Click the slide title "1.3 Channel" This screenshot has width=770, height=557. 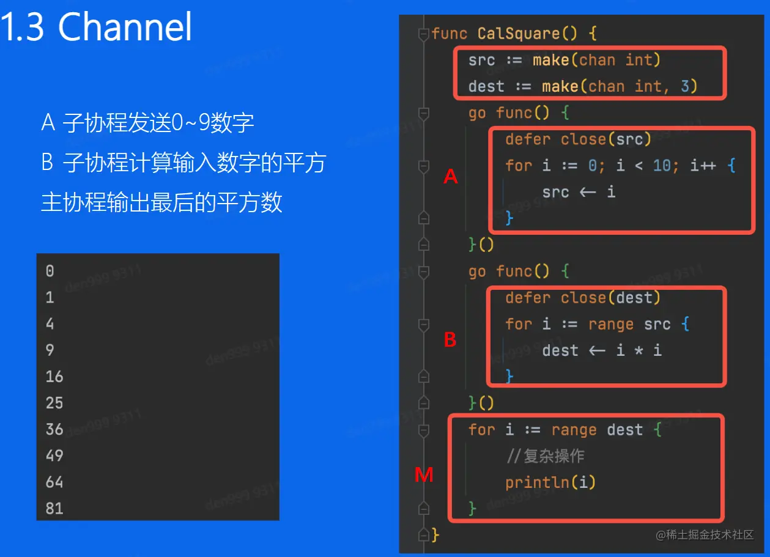95,27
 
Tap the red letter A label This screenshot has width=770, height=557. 450,177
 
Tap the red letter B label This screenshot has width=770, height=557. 450,339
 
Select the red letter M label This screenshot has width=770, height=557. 423,475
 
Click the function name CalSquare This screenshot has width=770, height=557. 519,34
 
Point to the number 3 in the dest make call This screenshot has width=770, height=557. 685,86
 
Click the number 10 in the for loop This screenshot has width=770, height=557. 662,166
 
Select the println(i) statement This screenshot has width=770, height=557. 550,482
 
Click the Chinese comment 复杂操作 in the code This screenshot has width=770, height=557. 553,456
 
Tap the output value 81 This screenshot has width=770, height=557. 54,509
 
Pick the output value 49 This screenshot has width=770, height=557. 54,456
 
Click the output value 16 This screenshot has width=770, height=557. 54,377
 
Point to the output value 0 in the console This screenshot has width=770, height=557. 50,271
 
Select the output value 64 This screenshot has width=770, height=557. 54,482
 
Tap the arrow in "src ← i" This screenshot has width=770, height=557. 588,193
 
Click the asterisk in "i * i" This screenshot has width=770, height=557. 639,351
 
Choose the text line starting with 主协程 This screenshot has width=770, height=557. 161,202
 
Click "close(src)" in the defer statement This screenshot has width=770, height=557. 606,139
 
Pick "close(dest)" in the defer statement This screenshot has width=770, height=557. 610,298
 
